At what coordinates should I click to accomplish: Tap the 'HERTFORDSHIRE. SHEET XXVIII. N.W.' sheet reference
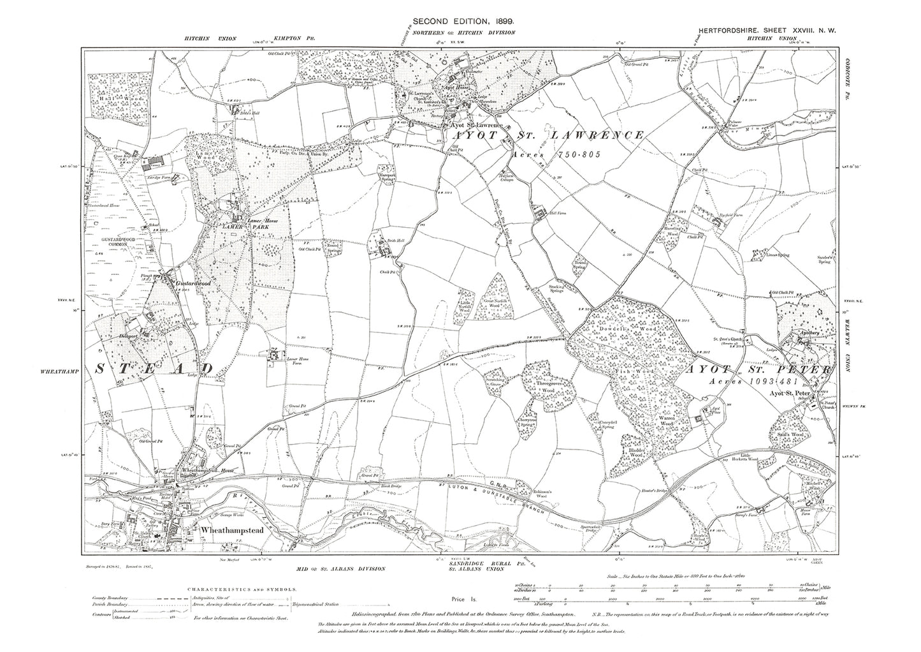tap(765, 30)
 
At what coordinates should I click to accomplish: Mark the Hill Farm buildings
tap(557, 215)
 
